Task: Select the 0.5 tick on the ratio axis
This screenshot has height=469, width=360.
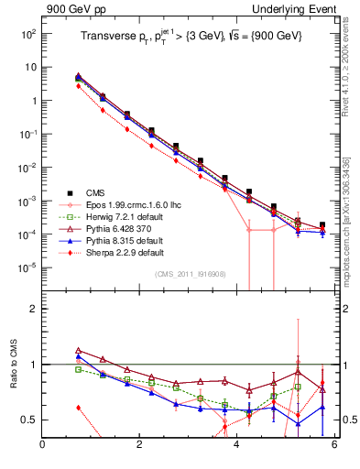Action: [x=28, y=420]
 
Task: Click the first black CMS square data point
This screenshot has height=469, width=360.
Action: [x=79, y=79]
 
